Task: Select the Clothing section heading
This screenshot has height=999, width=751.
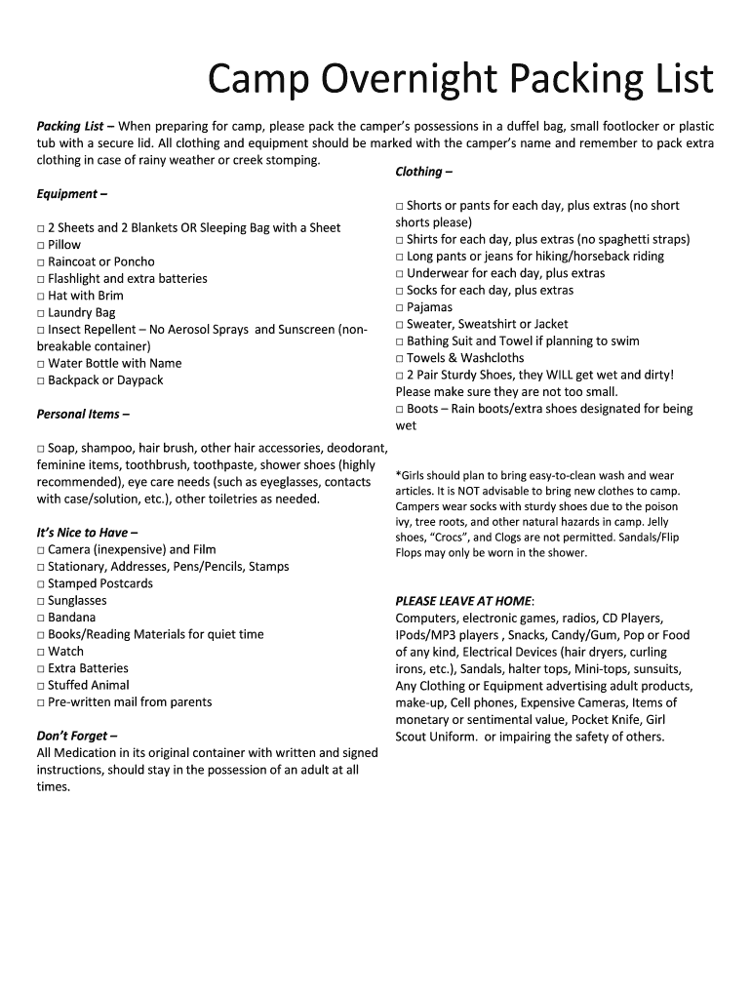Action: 423,172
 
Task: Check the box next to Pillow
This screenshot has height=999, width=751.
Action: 41,246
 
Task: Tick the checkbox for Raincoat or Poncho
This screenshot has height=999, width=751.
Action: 41,262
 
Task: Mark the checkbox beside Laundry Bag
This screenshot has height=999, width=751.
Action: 41,313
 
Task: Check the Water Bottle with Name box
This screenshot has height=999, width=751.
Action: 41,364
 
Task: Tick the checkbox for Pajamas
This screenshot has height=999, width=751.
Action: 400,308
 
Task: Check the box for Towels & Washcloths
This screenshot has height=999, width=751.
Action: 400,359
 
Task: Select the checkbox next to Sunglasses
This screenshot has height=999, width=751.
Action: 41,601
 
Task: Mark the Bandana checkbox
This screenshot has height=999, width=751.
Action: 41,618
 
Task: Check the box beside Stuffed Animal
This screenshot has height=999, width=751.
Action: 41,686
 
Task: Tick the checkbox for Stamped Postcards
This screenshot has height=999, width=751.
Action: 41,584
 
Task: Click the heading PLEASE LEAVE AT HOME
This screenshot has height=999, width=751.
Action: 464,601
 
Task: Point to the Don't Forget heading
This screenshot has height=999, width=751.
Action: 77,736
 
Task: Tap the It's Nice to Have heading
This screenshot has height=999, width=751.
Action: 87,533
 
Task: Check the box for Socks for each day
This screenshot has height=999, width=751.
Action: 400,291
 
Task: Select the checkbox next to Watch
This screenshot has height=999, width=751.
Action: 41,652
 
